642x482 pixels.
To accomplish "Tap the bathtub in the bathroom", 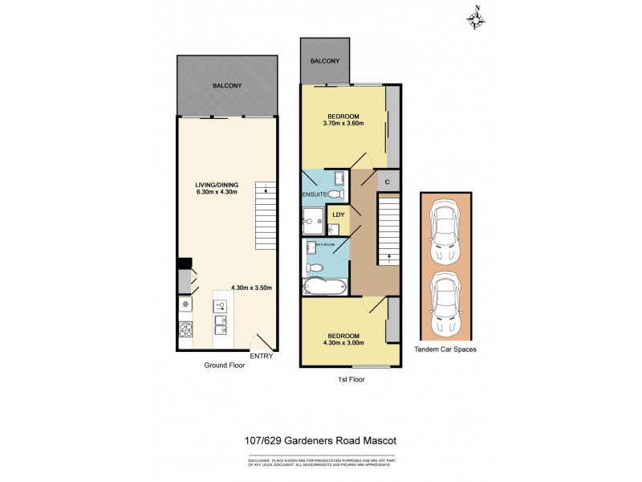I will point(324,287).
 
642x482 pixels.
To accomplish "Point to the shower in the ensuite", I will point(311,218).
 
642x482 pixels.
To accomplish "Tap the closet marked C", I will point(387,182).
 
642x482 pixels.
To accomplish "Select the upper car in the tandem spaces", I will point(445,232).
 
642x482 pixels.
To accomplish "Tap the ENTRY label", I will point(262,356).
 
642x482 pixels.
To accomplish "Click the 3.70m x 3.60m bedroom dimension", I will point(343,124).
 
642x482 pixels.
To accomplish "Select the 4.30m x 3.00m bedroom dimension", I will point(343,343).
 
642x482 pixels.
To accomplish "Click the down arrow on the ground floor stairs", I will point(265,190).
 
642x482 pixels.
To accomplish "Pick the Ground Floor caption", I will point(224,365).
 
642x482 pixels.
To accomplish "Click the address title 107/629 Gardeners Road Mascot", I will point(320,439).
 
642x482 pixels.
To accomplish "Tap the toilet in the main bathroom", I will point(315,267).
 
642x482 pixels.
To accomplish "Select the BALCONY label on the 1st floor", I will point(325,61).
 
